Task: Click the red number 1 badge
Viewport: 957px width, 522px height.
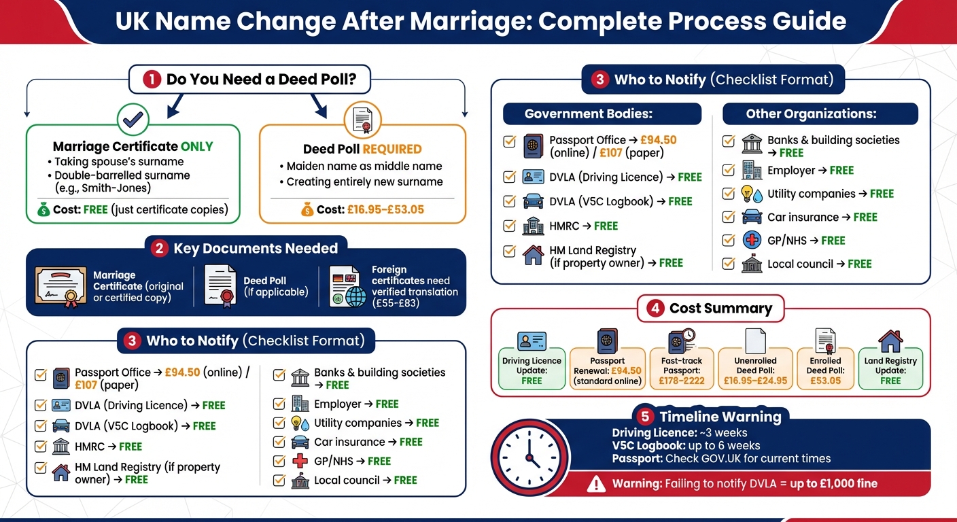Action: point(152,80)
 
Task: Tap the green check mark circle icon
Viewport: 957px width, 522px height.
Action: point(133,119)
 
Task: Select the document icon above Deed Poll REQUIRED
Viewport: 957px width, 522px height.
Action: point(362,120)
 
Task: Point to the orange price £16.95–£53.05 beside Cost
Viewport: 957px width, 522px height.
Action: point(385,209)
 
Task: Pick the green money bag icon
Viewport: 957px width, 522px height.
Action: point(43,210)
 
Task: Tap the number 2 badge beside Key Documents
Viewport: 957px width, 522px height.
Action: point(160,248)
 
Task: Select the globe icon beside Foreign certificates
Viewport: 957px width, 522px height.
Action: point(354,297)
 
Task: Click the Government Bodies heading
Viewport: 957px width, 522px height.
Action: point(589,114)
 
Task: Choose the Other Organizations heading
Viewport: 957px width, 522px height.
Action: point(811,114)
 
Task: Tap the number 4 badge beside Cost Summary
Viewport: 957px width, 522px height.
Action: point(655,308)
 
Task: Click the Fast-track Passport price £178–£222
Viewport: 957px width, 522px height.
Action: point(682,381)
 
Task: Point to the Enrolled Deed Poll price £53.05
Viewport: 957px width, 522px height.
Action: point(826,381)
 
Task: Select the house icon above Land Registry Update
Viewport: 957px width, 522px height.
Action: point(890,341)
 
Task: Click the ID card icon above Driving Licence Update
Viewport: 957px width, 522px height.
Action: point(532,341)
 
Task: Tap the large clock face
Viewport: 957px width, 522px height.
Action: point(530,456)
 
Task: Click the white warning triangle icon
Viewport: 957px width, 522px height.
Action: point(595,484)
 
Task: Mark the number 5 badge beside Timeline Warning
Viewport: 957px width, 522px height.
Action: point(645,417)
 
